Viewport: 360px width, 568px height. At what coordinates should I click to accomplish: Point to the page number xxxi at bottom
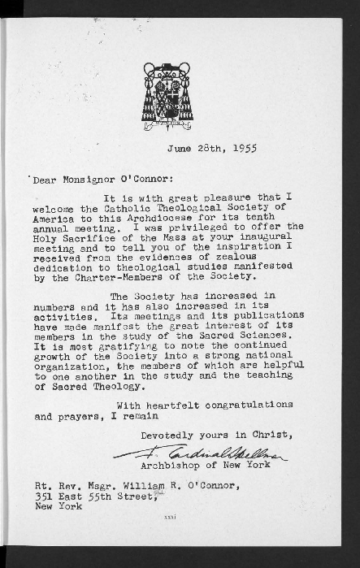pyautogui.click(x=170, y=518)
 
